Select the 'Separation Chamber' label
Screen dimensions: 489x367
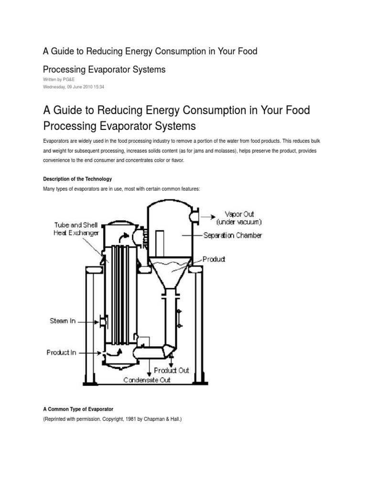tap(232, 235)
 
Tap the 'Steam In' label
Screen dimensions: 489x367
tap(63, 321)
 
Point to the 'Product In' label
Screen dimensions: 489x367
tap(62, 353)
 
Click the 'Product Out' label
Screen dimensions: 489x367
tap(172, 370)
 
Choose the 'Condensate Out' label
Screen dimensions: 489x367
tap(147, 380)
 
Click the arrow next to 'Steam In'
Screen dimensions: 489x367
tap(88, 322)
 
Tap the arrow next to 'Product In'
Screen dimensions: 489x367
tap(88, 353)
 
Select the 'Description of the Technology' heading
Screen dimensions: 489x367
tap(77, 179)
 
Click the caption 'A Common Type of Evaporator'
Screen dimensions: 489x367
tap(78, 409)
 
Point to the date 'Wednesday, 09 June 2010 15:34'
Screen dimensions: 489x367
tap(74, 87)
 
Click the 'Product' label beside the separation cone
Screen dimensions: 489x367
tap(214, 259)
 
